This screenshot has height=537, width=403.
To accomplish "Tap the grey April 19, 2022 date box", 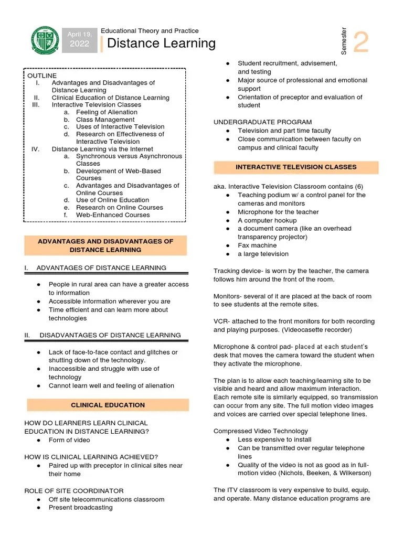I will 79,39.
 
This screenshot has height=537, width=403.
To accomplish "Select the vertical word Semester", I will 344,40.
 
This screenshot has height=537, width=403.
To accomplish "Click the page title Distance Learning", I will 161,44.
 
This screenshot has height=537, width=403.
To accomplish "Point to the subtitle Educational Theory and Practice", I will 150,31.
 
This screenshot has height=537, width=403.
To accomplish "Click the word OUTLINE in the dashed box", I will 42,76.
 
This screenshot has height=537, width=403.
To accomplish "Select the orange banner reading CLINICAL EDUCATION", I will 108,405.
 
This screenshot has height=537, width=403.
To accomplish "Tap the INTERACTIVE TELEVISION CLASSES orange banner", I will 296,167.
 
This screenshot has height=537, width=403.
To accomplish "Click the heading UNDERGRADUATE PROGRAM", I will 262,122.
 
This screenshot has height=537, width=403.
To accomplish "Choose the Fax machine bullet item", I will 256,245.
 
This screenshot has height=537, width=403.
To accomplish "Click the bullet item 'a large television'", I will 263,254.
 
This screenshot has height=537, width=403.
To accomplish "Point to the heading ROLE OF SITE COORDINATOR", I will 74,491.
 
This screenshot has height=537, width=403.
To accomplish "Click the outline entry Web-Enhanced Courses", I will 112,214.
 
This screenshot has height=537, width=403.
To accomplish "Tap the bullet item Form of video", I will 69,440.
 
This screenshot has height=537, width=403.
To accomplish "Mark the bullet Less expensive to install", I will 274,439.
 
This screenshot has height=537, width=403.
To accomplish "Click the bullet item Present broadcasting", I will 80,508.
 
